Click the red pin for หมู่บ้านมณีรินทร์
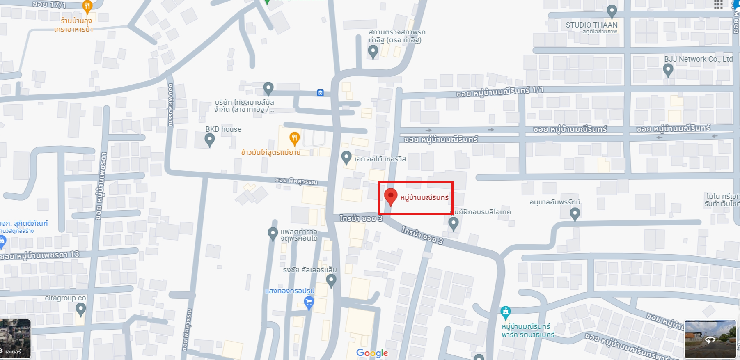(391, 197)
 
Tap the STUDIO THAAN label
(591, 25)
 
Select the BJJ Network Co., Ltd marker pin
(668, 70)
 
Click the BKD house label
(223, 129)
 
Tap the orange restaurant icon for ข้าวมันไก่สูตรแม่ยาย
(294, 138)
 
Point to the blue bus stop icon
(320, 93)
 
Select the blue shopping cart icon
(309, 303)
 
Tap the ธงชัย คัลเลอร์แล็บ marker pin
(331, 281)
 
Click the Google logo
(372, 353)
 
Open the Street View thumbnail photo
(710, 339)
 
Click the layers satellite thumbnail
(15, 339)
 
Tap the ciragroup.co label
(65, 298)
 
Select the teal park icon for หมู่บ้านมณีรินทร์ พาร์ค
(506, 312)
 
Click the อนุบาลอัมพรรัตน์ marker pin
(575, 213)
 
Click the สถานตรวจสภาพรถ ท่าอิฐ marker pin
(373, 51)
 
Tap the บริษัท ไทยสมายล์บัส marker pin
(268, 88)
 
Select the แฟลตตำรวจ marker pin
(273, 234)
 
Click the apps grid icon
(718, 5)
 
